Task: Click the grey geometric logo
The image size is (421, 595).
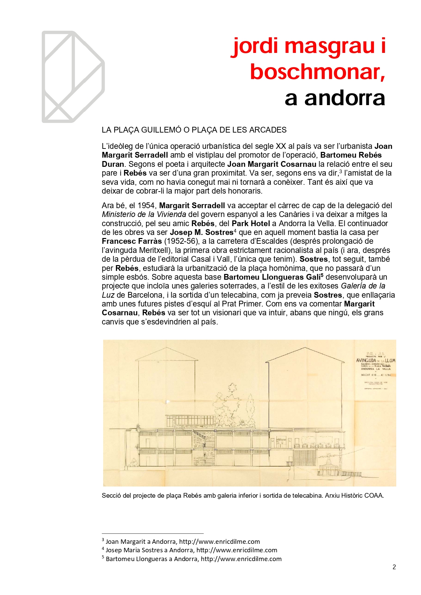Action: click(73, 77)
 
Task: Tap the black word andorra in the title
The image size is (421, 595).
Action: click(345, 98)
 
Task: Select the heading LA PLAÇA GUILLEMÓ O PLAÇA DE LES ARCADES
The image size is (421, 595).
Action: click(194, 130)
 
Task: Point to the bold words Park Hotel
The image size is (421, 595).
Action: click(251, 223)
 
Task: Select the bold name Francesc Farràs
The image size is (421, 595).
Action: click(132, 241)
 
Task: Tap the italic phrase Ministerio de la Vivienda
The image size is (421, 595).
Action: click(144, 214)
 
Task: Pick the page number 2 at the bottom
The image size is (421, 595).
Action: click(394, 567)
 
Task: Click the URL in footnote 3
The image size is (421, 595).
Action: click(219, 542)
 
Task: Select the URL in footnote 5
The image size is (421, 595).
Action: click(241, 559)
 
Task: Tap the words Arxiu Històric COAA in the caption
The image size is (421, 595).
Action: click(354, 495)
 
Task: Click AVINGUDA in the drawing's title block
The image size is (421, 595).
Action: click(366, 360)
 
